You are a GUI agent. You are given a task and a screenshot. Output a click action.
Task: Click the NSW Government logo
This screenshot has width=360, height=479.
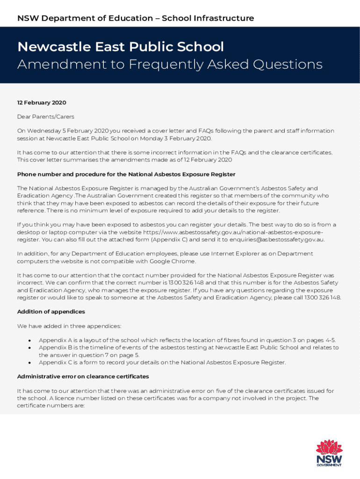click(329, 453)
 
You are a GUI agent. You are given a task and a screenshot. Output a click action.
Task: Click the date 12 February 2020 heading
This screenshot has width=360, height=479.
click(42, 102)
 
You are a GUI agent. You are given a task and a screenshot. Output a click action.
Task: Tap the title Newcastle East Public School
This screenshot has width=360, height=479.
click(121, 47)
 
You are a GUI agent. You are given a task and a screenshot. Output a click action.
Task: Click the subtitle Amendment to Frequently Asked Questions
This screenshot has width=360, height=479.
click(170, 64)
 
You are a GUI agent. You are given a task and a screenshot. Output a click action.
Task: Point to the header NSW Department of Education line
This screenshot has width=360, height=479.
click(136, 18)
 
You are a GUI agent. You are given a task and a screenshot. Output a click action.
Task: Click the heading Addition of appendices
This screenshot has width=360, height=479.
click(51, 312)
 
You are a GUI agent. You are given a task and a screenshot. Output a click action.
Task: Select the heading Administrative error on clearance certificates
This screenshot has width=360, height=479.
click(83, 377)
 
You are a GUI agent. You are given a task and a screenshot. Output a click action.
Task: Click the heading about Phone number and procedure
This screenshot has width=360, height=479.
click(126, 174)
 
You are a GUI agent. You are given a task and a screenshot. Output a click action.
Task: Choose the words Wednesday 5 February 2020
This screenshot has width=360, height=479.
click(69, 131)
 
